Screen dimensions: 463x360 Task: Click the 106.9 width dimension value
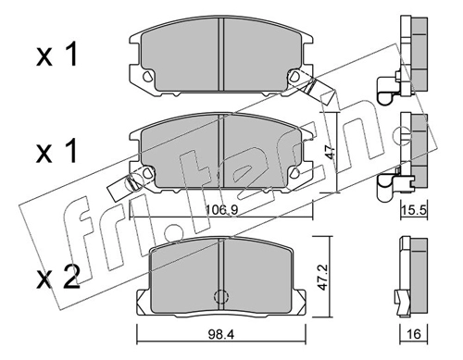pyautogui.click(x=221, y=210)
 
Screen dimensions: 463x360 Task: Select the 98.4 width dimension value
pyautogui.click(x=221, y=334)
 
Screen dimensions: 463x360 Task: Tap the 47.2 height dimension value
pyautogui.click(x=322, y=277)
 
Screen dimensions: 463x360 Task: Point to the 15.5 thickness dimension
pyautogui.click(x=414, y=211)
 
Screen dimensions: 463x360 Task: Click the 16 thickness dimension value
pyautogui.click(x=414, y=334)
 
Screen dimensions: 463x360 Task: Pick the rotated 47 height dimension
pyautogui.click(x=330, y=152)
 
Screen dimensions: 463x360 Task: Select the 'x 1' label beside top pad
pyautogui.click(x=56, y=56)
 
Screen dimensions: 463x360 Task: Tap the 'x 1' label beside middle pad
pyautogui.click(x=56, y=151)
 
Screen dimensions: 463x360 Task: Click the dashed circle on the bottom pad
pyautogui.click(x=220, y=296)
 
